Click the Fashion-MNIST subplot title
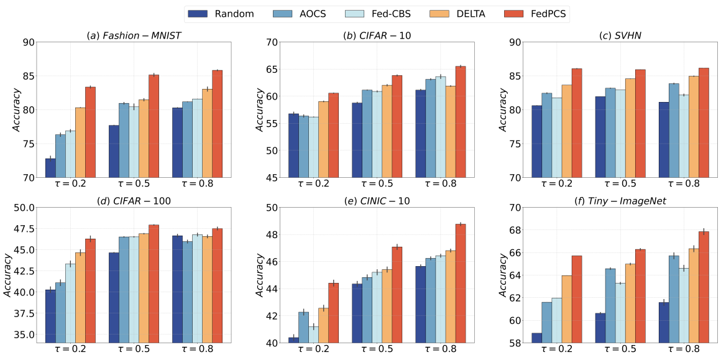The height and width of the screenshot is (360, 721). click(134, 35)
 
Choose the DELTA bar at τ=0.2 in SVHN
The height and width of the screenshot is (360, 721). click(567, 131)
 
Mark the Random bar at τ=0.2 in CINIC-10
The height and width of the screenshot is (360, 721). click(293, 339)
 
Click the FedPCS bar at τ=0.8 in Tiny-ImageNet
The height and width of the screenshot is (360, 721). click(704, 287)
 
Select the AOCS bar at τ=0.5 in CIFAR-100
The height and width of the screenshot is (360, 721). click(124, 289)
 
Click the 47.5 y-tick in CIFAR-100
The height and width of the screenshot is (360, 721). click(21, 229)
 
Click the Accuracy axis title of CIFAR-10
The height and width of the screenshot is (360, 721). click(259, 109)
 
